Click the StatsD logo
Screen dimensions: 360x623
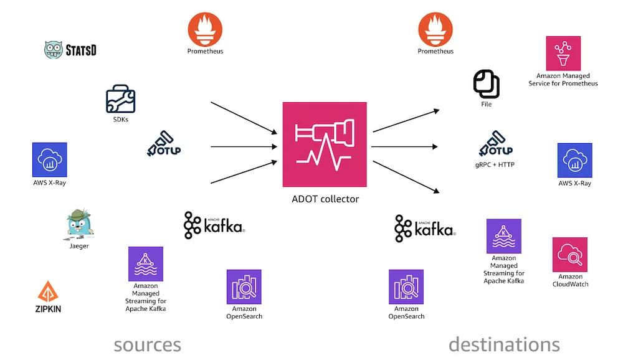70,50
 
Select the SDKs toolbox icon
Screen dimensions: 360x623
120,99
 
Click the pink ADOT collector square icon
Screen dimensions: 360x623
325,144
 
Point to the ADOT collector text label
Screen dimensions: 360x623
325,199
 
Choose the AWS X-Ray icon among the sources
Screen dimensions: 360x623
49,160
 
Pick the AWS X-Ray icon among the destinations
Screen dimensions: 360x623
574,160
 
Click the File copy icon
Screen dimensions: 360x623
486,83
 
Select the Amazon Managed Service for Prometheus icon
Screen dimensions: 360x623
563,53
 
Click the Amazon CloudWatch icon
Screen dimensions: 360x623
569,254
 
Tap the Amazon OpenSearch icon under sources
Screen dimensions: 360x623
244,287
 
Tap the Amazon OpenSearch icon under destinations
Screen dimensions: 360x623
406,287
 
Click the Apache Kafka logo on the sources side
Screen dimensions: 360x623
214,226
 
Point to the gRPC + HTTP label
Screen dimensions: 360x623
496,165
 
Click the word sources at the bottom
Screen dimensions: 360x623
147,344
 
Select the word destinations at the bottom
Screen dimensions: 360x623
503,344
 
